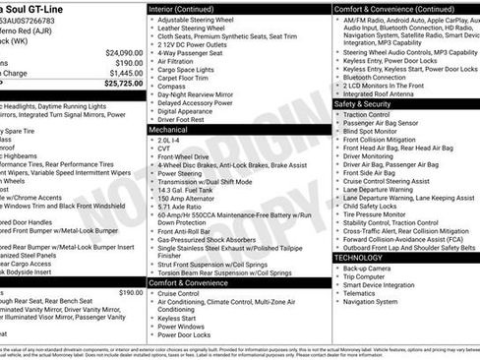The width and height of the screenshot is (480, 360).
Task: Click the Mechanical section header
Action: (x=168, y=129)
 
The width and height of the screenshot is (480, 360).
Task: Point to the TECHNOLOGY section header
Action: (x=360, y=257)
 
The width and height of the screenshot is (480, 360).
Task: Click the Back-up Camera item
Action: (x=367, y=268)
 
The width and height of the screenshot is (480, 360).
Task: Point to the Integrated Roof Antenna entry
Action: (x=390, y=93)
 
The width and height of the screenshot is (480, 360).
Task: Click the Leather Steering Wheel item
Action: (x=193, y=30)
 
